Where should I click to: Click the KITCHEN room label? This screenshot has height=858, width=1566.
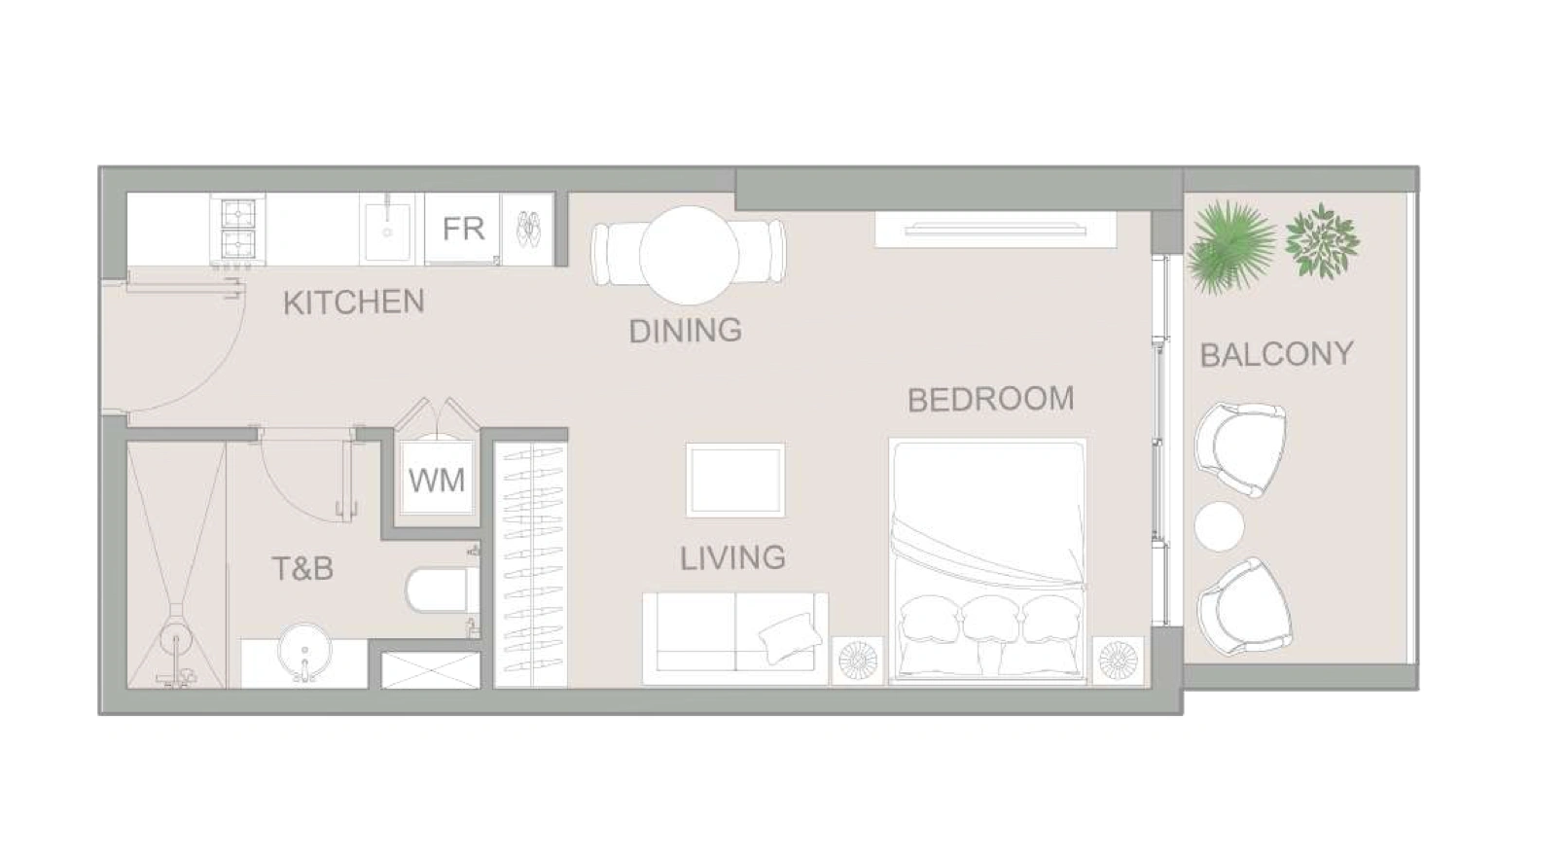coord(354,303)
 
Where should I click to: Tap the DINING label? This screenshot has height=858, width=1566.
coord(685,330)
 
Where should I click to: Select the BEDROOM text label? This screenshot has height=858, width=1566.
coord(990,399)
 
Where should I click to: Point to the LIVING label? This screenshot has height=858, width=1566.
coord(732,558)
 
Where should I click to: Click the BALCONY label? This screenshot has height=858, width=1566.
coord(1276,354)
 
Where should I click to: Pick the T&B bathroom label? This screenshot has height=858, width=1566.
coord(302,568)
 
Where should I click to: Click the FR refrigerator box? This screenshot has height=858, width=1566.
coord(462,229)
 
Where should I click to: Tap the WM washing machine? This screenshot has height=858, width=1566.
coord(437,481)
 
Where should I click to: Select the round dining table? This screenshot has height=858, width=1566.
coord(689,255)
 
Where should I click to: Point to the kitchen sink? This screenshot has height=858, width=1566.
coord(386,229)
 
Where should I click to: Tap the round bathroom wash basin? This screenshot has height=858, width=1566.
coord(304,651)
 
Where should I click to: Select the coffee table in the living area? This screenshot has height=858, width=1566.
coord(734,480)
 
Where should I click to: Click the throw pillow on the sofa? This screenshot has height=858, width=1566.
coord(790,638)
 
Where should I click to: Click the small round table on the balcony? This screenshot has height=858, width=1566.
coord(1220,526)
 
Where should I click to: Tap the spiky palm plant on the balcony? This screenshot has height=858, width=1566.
coord(1230,247)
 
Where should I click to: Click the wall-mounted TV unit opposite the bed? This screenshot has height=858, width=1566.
coord(996,229)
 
